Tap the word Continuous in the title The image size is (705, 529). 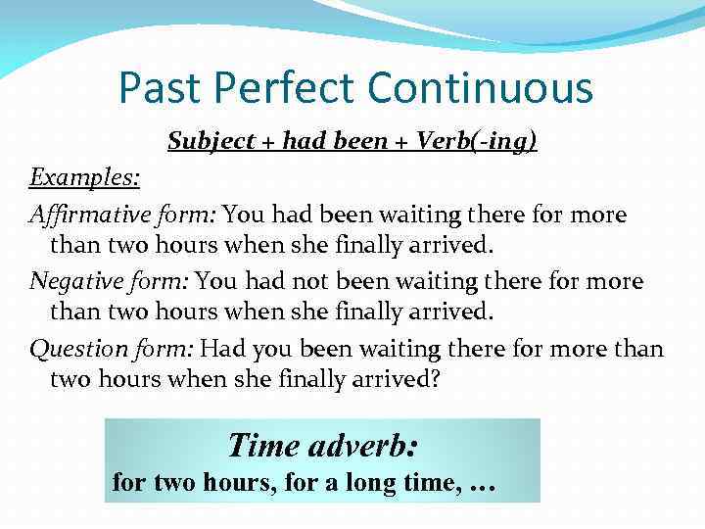tap(481, 87)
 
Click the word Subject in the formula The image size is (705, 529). tap(207, 142)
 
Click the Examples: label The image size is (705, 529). tap(84, 178)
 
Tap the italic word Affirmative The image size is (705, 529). tap(89, 215)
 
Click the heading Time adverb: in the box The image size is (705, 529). tap(322, 446)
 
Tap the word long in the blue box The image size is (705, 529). tap(383, 483)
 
